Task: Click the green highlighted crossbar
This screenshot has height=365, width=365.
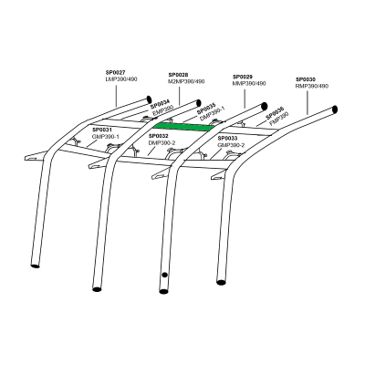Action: point(182,127)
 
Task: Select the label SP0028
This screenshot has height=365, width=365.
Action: point(179,76)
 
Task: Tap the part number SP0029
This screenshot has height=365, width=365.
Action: point(243,77)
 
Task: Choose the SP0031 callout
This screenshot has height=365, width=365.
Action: point(102,130)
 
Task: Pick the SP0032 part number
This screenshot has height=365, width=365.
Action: point(159,137)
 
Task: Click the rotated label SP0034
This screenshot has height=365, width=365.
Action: point(160,105)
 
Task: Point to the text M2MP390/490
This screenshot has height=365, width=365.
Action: point(186,82)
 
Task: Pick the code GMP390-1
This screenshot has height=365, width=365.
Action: point(106,136)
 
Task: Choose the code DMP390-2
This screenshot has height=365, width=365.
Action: point(162,143)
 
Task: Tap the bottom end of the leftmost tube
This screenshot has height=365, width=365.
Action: point(36,266)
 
